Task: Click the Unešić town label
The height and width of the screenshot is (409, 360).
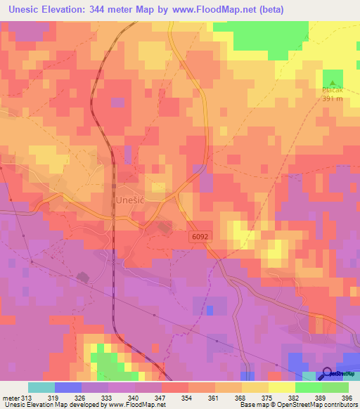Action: click(129, 200)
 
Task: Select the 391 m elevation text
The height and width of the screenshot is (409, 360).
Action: click(332, 98)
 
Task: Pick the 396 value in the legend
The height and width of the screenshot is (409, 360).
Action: click(347, 397)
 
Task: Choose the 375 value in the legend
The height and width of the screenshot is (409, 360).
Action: click(267, 397)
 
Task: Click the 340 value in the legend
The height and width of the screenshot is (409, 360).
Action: click(134, 397)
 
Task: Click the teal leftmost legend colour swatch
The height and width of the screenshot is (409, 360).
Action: click(41, 387)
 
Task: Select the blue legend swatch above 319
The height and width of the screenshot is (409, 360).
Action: click(67, 387)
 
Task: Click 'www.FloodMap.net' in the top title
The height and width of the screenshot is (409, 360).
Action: click(241, 11)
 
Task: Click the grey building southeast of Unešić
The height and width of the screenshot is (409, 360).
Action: click(164, 228)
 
